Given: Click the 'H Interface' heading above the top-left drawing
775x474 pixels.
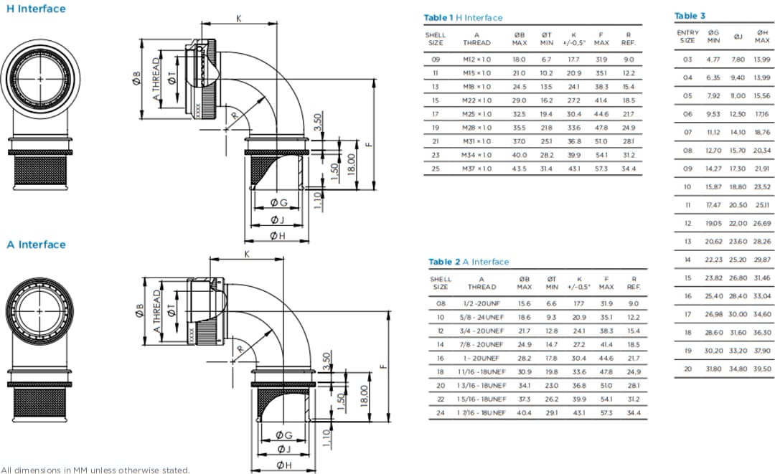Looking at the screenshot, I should pyautogui.click(x=36, y=9).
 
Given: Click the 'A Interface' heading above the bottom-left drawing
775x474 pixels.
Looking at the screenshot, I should pyautogui.click(x=36, y=245).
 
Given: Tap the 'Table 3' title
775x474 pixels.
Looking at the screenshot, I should pyautogui.click(x=690, y=16).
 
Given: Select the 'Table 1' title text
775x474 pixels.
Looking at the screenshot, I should pyautogui.click(x=438, y=18).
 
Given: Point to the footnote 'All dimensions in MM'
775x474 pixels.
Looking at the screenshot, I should pyautogui.click(x=96, y=470).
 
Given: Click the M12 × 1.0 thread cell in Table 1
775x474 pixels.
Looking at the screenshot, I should pyautogui.click(x=476, y=60).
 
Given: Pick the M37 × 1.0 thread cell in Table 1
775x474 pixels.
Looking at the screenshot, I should pyautogui.click(x=476, y=169).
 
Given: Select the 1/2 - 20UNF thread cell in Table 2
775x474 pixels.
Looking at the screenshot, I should pyautogui.click(x=482, y=304).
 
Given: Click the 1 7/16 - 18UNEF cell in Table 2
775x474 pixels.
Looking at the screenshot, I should pyautogui.click(x=482, y=413).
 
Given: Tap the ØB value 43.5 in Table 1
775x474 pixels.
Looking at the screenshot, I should pyautogui.click(x=519, y=169).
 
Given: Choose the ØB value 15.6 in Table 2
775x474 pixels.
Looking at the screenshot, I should pyautogui.click(x=524, y=304).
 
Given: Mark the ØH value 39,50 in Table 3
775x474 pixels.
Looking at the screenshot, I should pyautogui.click(x=762, y=369).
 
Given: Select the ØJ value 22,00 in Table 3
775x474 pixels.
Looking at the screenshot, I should pyautogui.click(x=738, y=224).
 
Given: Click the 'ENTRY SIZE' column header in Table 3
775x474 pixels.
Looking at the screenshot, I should pyautogui.click(x=687, y=37).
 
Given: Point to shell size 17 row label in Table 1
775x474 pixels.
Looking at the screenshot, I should pyautogui.click(x=436, y=114).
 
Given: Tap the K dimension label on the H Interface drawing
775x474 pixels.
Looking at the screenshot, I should pyautogui.click(x=239, y=19).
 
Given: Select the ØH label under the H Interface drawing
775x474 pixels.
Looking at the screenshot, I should pyautogui.click(x=277, y=235).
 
